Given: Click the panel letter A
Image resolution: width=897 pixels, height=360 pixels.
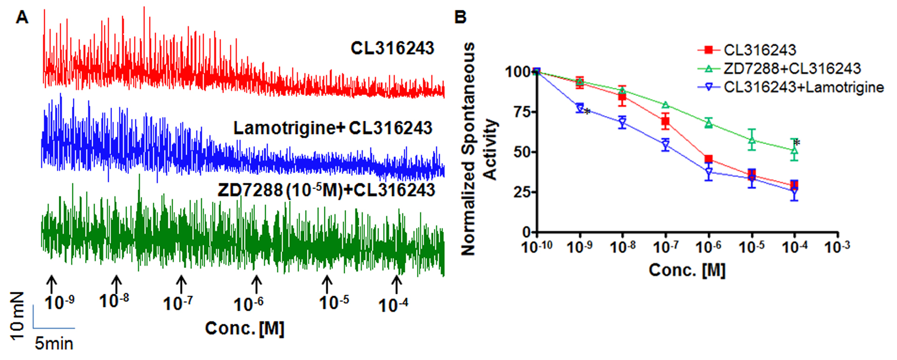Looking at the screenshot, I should [x=22, y=18].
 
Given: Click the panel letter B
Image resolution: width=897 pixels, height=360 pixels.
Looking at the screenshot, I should [x=460, y=18].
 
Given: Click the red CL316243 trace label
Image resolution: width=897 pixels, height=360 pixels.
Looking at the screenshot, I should [x=392, y=48].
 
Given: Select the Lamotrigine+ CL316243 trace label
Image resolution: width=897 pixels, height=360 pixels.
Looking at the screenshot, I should [x=333, y=128].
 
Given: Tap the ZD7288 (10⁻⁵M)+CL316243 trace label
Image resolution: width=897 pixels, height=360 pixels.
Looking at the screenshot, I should [x=326, y=190].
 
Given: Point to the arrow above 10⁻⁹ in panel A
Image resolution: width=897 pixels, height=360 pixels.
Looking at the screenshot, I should [x=52, y=283].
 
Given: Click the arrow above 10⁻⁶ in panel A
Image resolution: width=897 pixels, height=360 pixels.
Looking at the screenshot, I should [x=256, y=284].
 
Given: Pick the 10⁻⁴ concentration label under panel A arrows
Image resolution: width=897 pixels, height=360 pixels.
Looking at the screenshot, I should [x=393, y=305].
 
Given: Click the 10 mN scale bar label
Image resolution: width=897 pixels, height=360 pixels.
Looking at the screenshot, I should [x=17, y=316].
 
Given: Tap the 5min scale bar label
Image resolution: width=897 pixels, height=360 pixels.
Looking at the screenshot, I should [x=54, y=344].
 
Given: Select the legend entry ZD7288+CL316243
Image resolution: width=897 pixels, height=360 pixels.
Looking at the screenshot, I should [x=792, y=69].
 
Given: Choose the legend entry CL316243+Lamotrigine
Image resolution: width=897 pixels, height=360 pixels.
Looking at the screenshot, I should [x=803, y=87].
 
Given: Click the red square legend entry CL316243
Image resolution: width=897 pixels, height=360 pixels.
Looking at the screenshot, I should [x=760, y=50].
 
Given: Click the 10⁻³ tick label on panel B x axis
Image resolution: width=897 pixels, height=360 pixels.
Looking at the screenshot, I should [x=837, y=246].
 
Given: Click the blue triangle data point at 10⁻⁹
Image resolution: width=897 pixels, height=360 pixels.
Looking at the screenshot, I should [x=580, y=108].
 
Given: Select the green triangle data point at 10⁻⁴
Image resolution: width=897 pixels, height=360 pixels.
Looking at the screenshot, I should [x=794, y=150].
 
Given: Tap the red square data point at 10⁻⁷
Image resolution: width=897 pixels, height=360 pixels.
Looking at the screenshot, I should [x=666, y=122].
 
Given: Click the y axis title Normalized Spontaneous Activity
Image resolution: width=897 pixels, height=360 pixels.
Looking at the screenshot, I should [x=478, y=149].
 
